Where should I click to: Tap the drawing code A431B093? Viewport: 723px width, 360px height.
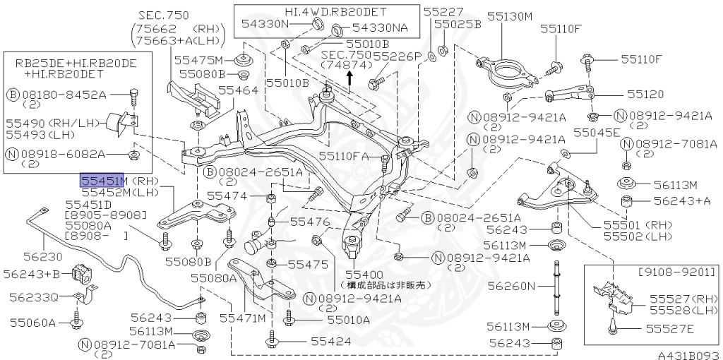(x=687, y=355)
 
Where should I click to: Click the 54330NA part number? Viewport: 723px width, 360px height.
(x=380, y=29)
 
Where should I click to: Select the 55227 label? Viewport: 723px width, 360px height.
(x=443, y=11)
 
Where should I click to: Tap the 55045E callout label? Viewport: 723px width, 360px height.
(x=597, y=132)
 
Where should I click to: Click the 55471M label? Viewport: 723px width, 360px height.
(x=241, y=318)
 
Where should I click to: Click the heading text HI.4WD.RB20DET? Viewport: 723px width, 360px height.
(x=326, y=11)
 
